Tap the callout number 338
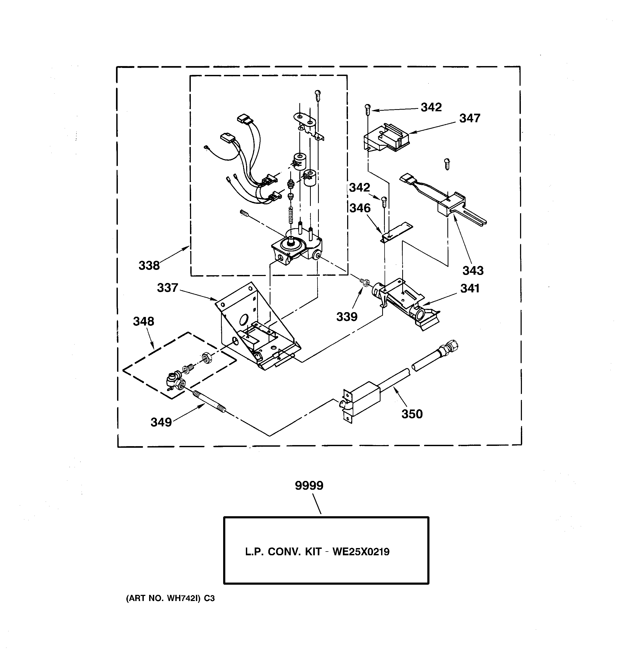[149, 265]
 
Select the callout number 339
[347, 317]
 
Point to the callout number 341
[470, 288]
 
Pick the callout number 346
[360, 208]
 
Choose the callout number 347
[470, 118]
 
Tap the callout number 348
[144, 321]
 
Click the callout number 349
[161, 422]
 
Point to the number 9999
[309, 485]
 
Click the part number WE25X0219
[361, 552]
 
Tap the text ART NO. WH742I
[163, 598]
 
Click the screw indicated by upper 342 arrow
[367, 108]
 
